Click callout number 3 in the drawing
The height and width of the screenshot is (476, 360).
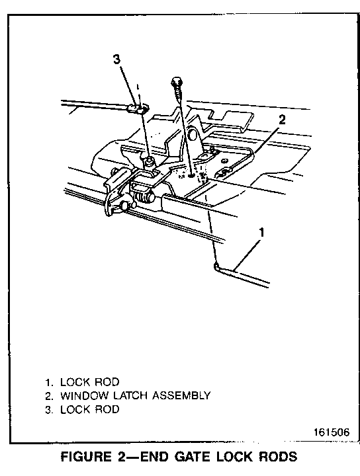(116, 59)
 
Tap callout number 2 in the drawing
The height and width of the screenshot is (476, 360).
(282, 120)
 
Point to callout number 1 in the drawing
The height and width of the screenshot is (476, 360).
(261, 233)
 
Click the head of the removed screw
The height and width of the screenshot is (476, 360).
(176, 81)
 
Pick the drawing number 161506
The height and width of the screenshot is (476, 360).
(332, 432)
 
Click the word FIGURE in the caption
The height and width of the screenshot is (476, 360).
(86, 457)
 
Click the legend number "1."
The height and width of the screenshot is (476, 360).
(49, 382)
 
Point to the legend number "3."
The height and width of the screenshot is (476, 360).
(49, 409)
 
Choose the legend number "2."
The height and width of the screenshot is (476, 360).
(49, 396)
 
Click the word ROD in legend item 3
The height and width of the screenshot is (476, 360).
(107, 409)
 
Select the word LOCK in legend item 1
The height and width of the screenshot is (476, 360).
(75, 382)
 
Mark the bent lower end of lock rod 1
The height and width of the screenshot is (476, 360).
(216, 266)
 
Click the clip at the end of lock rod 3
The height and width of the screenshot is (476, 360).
(138, 108)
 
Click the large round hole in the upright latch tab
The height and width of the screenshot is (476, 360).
(193, 134)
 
